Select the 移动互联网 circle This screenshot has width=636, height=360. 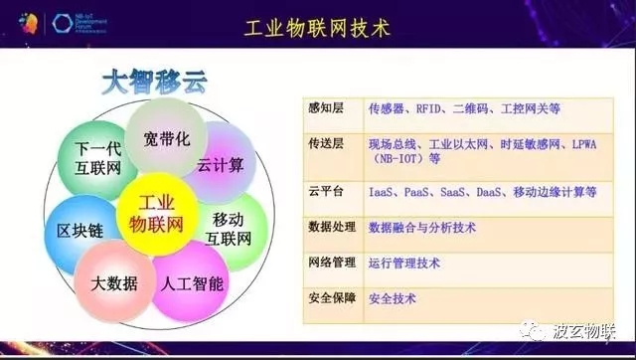pos(235,229)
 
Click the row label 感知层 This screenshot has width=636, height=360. pos(324,102)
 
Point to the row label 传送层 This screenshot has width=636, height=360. pos(324,144)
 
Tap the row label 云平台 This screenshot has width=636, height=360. pos(324,191)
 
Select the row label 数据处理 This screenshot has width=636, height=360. pos(328,227)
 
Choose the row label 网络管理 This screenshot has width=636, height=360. pos(328,263)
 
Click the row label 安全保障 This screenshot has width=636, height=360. pos(328,297)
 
